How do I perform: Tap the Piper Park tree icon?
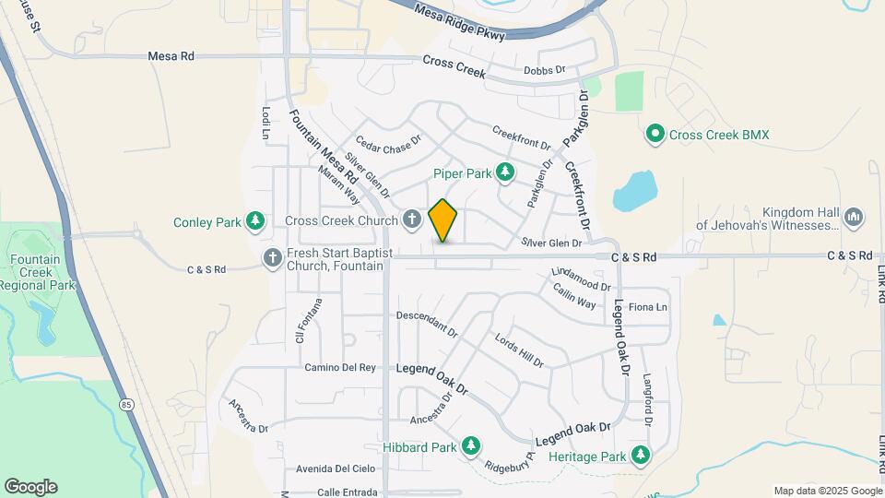504,172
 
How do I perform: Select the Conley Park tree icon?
255,221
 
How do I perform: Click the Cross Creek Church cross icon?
412,220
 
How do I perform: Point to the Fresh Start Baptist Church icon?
272,259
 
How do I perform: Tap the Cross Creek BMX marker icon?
655,135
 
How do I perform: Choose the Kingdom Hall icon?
853,217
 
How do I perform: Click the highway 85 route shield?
126,403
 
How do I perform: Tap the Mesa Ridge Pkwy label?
460,23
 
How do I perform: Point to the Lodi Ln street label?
266,123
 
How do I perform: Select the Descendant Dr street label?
427,322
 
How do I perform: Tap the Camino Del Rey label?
341,367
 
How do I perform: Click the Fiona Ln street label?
647,307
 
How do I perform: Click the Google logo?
30,487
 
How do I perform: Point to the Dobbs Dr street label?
543,70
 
